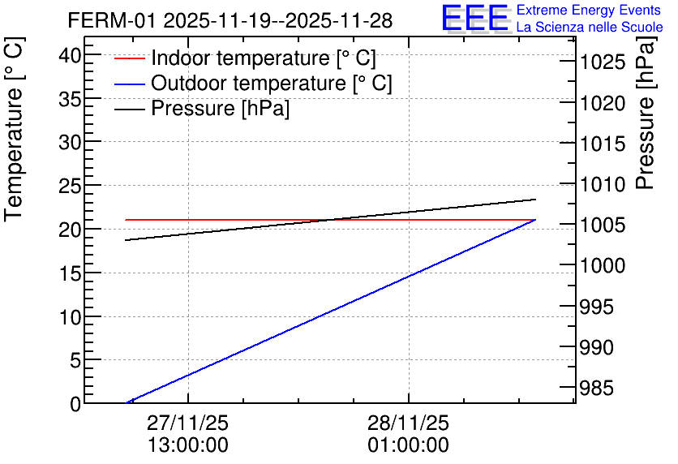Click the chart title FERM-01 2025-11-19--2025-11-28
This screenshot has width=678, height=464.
point(230,20)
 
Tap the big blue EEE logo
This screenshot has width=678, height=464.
point(474,19)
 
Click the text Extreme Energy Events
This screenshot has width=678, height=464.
point(589,11)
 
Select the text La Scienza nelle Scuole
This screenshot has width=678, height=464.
point(589,28)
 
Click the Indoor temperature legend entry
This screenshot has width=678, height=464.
point(264,58)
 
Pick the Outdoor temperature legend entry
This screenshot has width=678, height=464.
point(272,84)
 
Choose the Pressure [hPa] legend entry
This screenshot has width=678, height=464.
point(220,109)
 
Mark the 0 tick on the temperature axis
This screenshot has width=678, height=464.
point(75,403)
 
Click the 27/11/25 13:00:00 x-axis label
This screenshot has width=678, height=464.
point(188,434)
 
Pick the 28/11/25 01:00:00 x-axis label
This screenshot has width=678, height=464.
point(408,434)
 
